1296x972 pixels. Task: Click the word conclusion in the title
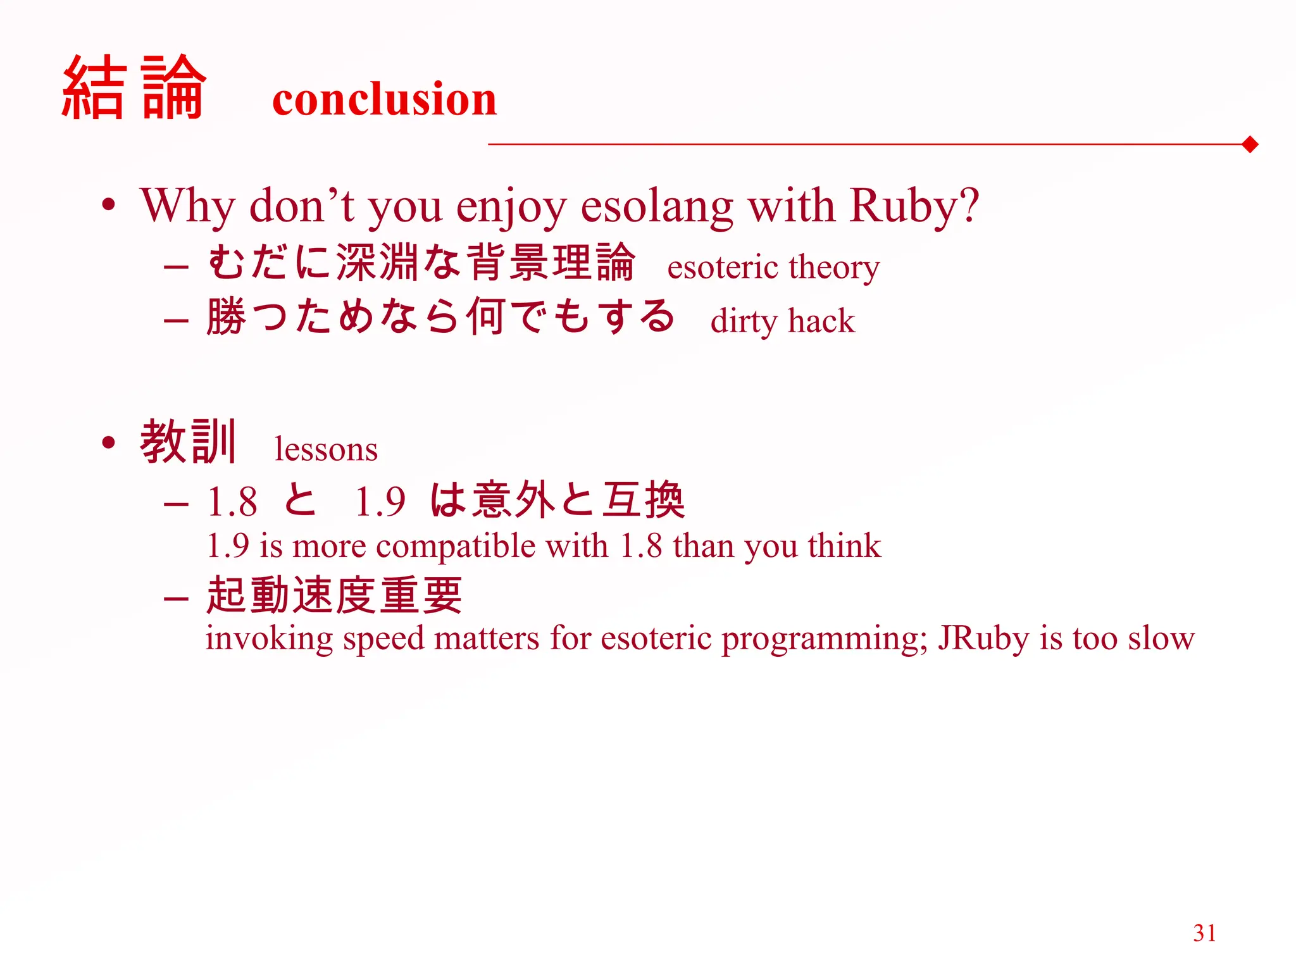pos(384,99)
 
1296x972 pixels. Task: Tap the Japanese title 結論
pos(134,88)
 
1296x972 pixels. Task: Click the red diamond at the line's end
pos(1250,144)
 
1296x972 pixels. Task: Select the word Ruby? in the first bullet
pos(914,206)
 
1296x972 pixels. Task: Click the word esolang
pos(657,206)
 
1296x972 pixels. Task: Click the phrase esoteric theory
pos(773,267)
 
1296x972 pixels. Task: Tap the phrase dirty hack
pos(782,321)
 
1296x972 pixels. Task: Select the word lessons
pos(326,449)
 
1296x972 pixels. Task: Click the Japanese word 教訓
pos(189,442)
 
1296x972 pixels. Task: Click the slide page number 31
pos(1204,933)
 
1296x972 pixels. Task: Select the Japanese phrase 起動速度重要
pos(334,595)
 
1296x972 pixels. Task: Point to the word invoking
pos(269,638)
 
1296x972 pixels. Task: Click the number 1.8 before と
pos(232,502)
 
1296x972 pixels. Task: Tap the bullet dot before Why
pos(109,205)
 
